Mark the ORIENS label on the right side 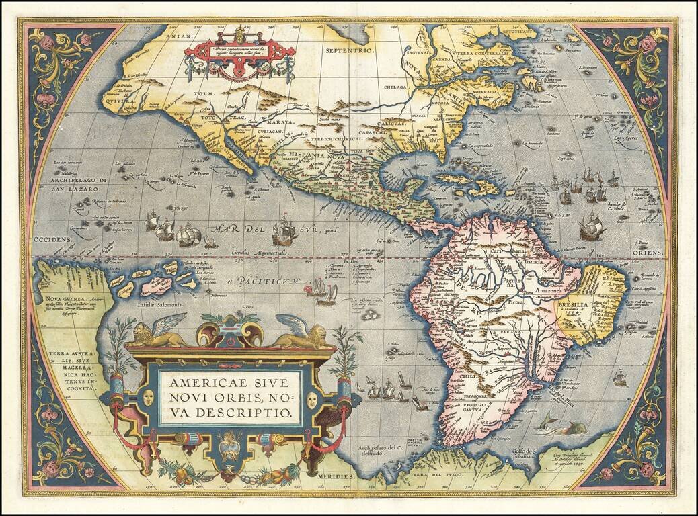pos(648,253)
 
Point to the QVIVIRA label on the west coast pos(116,103)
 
